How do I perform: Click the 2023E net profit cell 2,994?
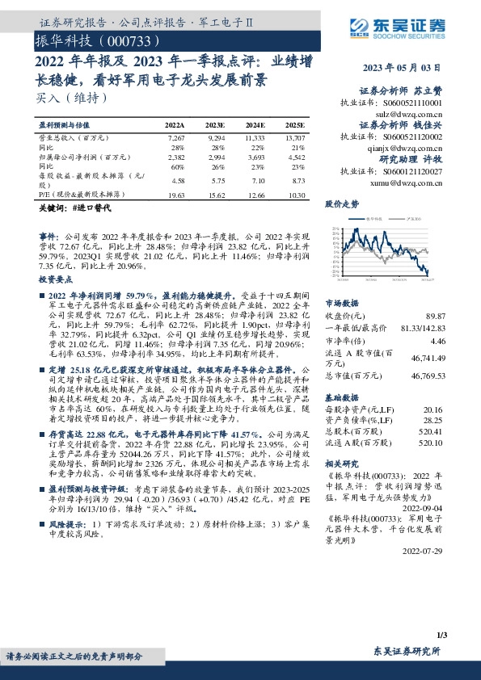[x=216, y=158]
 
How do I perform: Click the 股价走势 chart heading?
[x=341, y=204]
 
